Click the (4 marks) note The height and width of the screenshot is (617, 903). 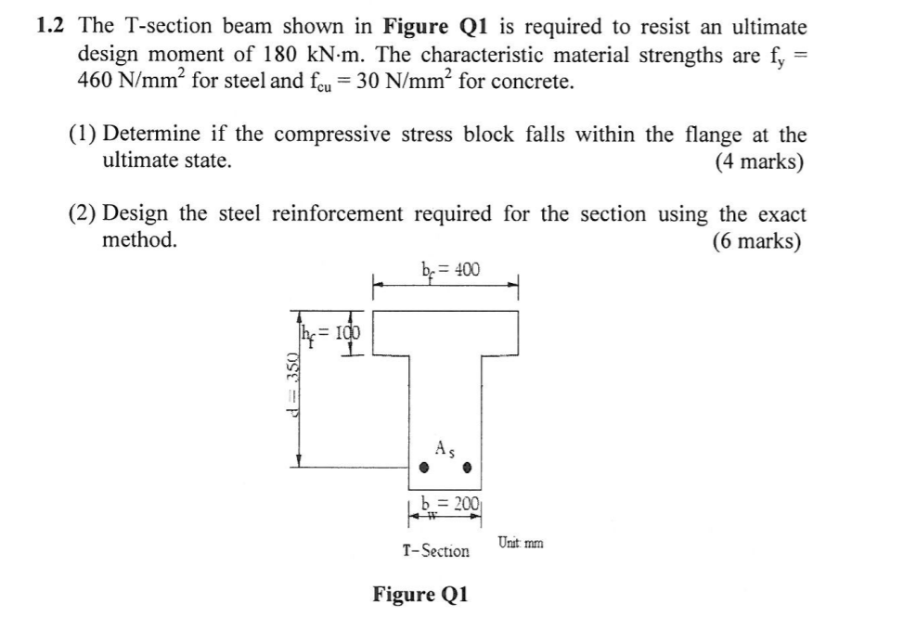coord(759,162)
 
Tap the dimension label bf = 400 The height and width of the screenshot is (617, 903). coord(451,270)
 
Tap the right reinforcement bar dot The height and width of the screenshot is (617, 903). coord(470,467)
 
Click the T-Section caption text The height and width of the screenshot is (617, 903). coord(435,551)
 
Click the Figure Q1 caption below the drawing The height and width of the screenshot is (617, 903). coord(420,594)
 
